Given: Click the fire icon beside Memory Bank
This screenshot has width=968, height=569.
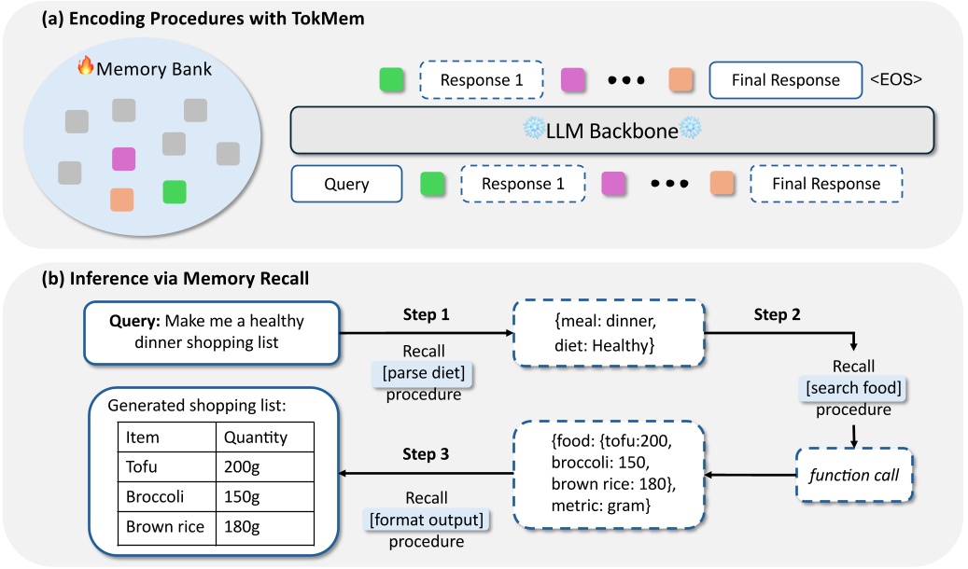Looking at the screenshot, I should pyautogui.click(x=85, y=67).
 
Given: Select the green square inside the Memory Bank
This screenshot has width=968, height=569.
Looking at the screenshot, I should pyautogui.click(x=174, y=192).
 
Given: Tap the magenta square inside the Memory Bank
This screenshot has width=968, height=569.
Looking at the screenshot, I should pyautogui.click(x=123, y=159).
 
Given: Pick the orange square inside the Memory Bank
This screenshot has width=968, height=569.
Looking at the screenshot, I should pyautogui.click(x=121, y=200).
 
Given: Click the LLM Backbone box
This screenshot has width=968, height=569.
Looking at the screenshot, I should pyautogui.click(x=611, y=131).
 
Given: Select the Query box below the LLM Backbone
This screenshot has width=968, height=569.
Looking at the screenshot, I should pyautogui.click(x=346, y=184).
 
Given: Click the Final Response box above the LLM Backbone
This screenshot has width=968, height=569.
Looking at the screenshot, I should pyautogui.click(x=785, y=80).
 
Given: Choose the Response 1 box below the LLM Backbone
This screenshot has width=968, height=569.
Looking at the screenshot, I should pyautogui.click(x=523, y=184).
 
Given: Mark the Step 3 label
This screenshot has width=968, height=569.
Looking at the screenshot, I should pyautogui.click(x=426, y=455).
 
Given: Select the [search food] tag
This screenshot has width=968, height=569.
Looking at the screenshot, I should pyautogui.click(x=850, y=386).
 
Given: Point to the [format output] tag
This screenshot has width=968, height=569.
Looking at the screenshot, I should pyautogui.click(x=426, y=520).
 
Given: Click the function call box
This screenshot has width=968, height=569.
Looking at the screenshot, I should pyautogui.click(x=851, y=475).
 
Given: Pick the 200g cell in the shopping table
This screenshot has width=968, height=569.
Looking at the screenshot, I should pyautogui.click(x=242, y=466).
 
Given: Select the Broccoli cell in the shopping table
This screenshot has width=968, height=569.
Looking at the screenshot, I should pyautogui.click(x=154, y=496).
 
